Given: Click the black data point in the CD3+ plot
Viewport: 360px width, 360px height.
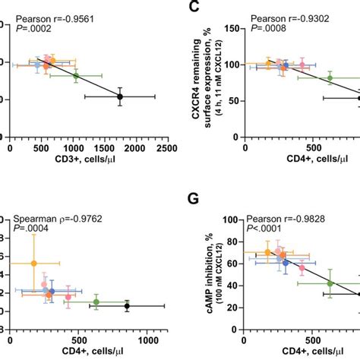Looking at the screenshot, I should tap(120, 96).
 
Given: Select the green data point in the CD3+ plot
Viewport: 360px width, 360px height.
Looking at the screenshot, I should tap(75, 76).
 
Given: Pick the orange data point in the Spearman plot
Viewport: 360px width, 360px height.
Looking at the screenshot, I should tap(34, 264).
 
